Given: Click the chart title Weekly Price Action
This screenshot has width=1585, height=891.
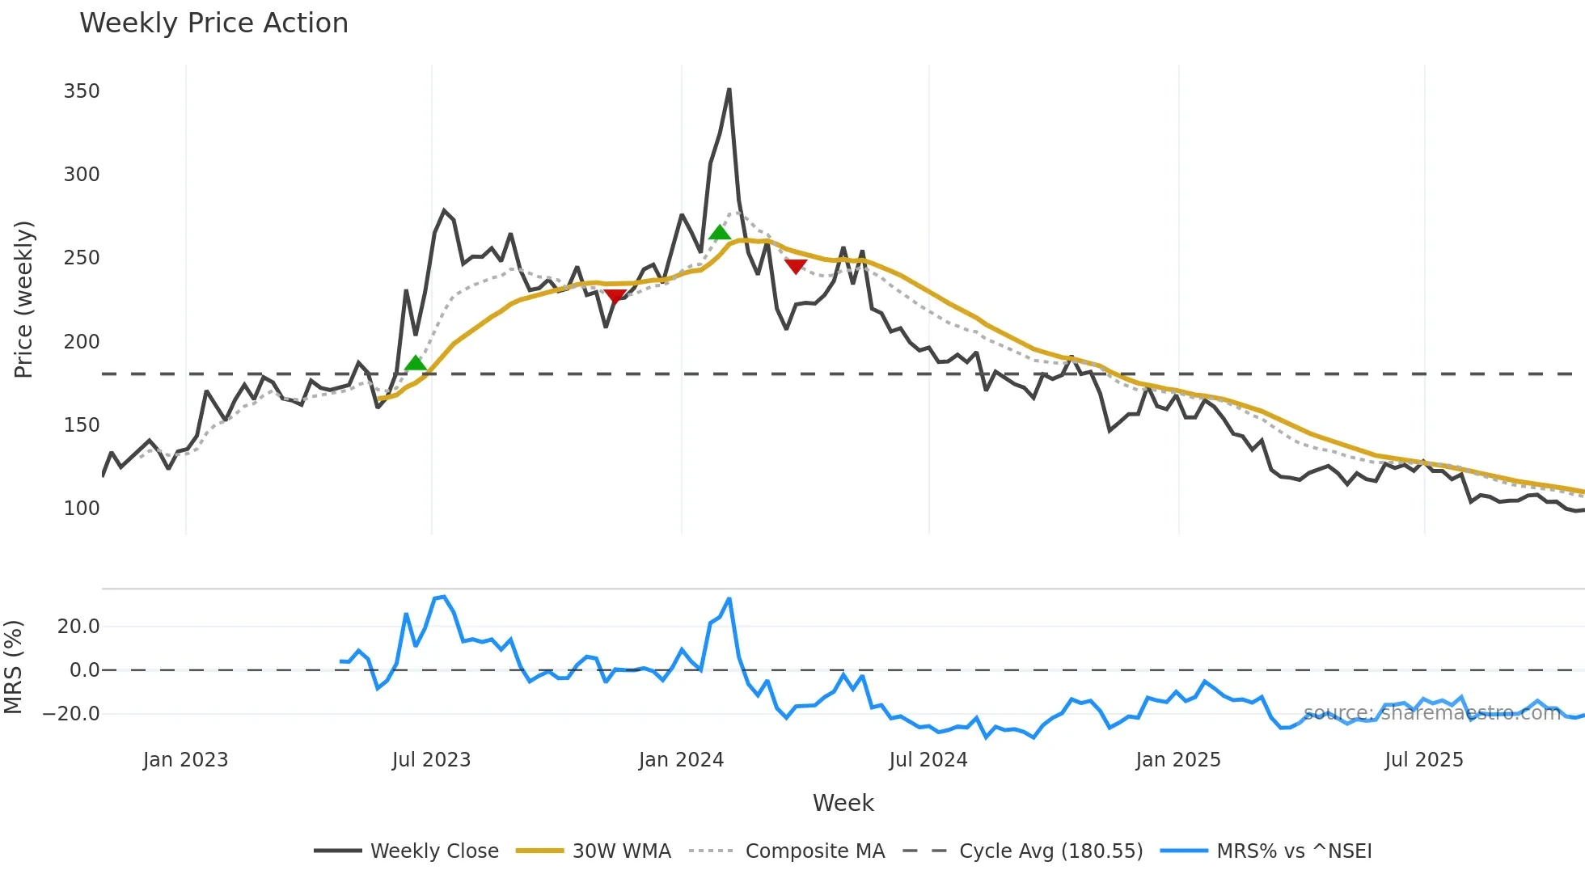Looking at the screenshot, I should coord(213,23).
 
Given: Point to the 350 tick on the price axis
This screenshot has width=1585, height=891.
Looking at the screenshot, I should coord(82,91).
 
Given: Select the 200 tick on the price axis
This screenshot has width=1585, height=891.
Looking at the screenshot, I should coord(82,342).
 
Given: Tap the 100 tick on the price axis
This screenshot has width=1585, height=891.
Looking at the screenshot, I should coord(82,509).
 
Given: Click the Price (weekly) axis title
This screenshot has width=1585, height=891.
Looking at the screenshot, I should coord(23,299).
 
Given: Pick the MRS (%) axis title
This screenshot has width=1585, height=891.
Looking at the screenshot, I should coord(13,667).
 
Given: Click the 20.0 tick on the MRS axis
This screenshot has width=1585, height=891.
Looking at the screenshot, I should coord(78,627).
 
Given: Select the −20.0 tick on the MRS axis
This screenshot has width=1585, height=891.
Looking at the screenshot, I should coord(71,714).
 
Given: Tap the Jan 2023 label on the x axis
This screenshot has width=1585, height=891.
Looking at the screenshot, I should coord(185,760).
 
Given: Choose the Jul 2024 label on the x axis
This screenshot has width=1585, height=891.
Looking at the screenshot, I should coord(928,760).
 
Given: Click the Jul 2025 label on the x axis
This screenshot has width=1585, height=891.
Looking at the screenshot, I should coord(1423,760).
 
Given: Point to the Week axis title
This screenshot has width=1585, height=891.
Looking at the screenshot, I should coord(843,803).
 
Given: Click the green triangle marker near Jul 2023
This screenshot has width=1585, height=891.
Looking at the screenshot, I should coord(416,363).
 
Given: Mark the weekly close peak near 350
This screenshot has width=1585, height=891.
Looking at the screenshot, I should coord(729,90).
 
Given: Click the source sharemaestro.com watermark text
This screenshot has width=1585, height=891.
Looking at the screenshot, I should coord(1431,713).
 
